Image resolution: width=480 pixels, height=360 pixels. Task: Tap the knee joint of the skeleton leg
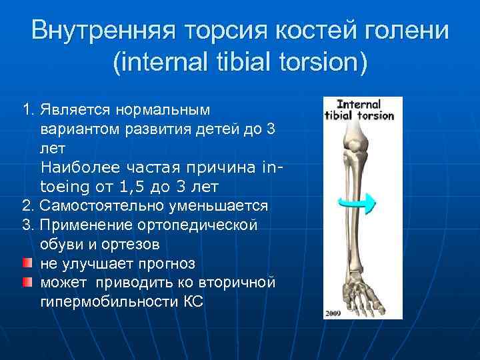point(357,143)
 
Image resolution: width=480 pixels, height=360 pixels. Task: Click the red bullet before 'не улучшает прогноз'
point(26,263)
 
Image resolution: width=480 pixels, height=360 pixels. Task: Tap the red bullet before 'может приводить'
point(26,282)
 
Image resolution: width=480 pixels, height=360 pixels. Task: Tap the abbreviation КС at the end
point(193,302)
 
